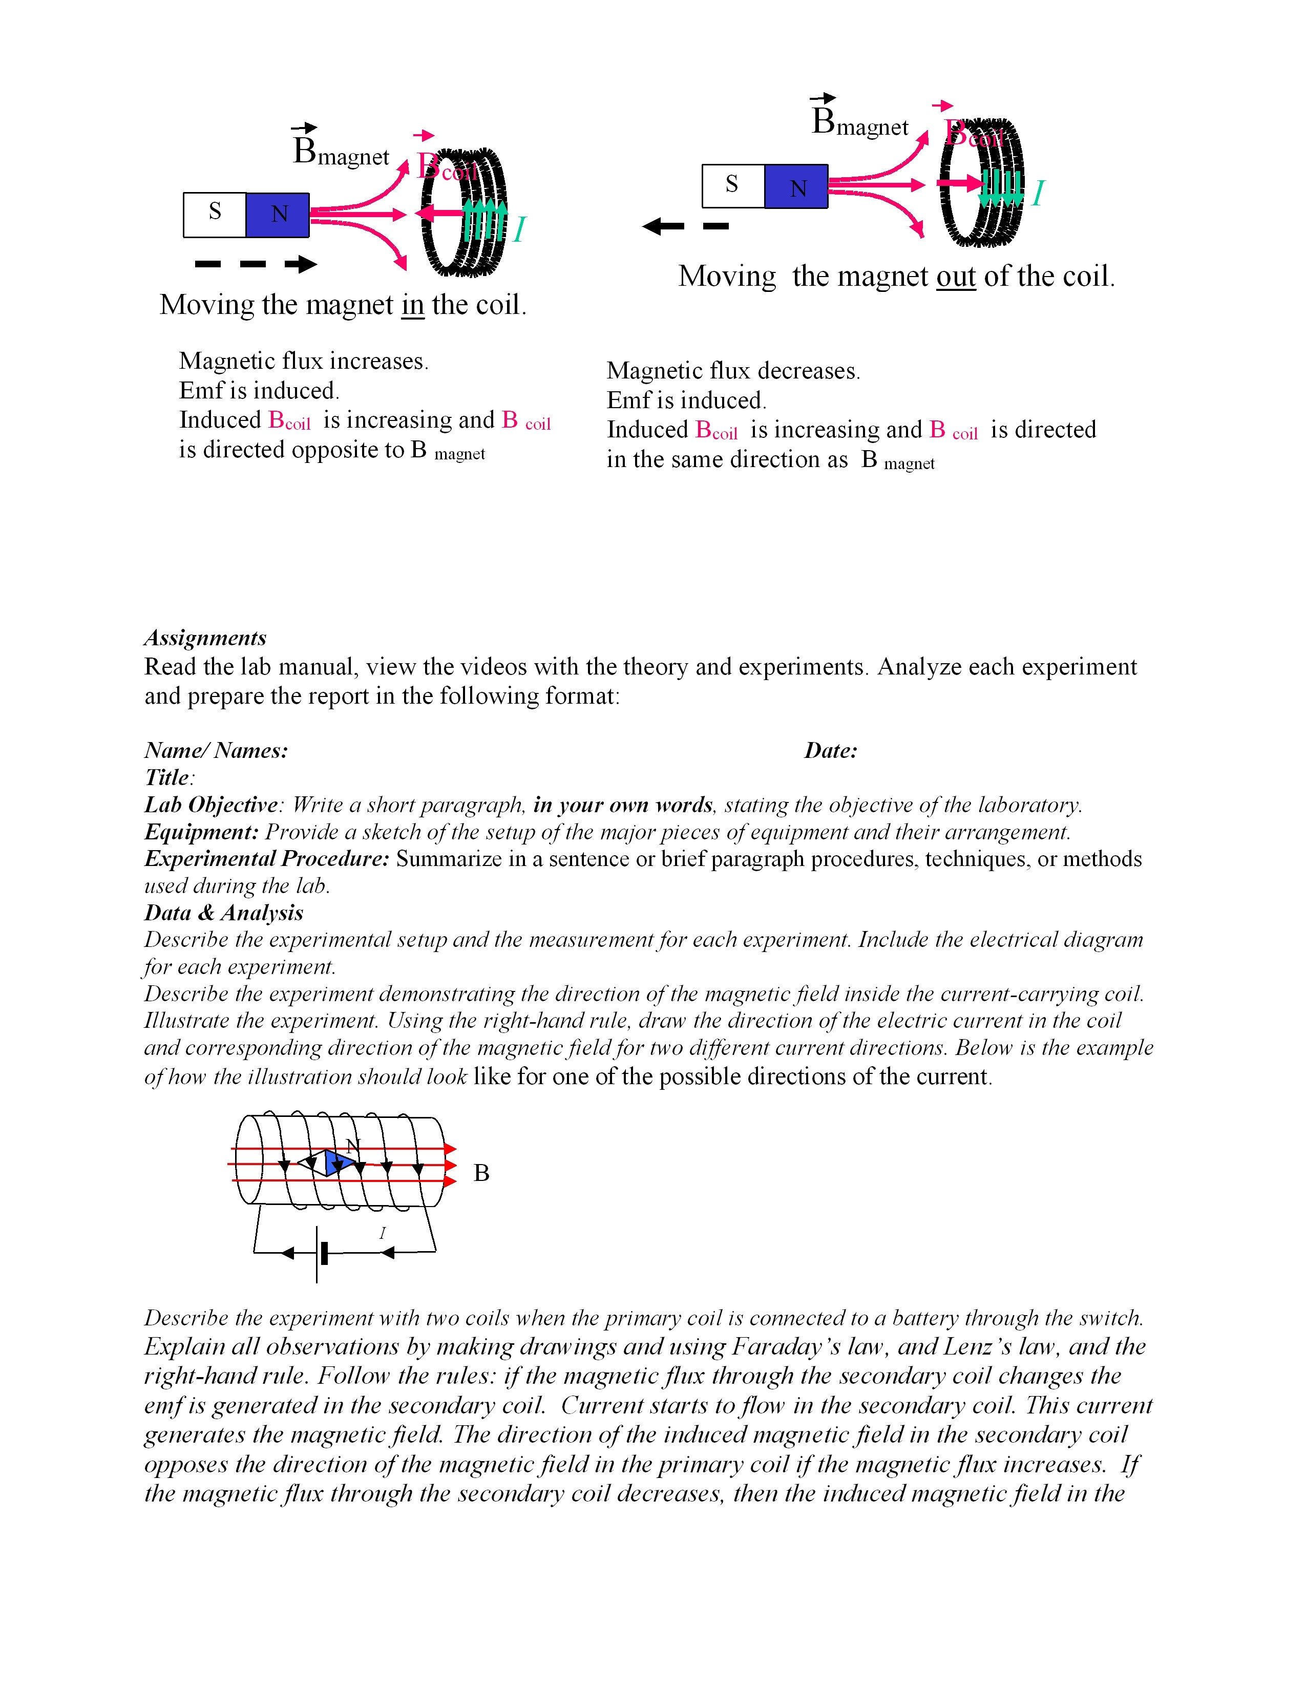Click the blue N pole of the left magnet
tap(278, 215)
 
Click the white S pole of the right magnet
tap(732, 186)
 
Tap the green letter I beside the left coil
tap(519, 230)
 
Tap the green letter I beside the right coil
tap(1038, 193)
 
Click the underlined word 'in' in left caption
tap(412, 305)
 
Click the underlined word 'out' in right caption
tap(956, 276)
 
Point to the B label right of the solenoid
tap(481, 1174)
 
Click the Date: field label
tap(830, 751)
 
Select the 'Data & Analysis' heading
tap(224, 913)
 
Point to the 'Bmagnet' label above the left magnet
tap(341, 151)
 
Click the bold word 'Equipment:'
tap(201, 832)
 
